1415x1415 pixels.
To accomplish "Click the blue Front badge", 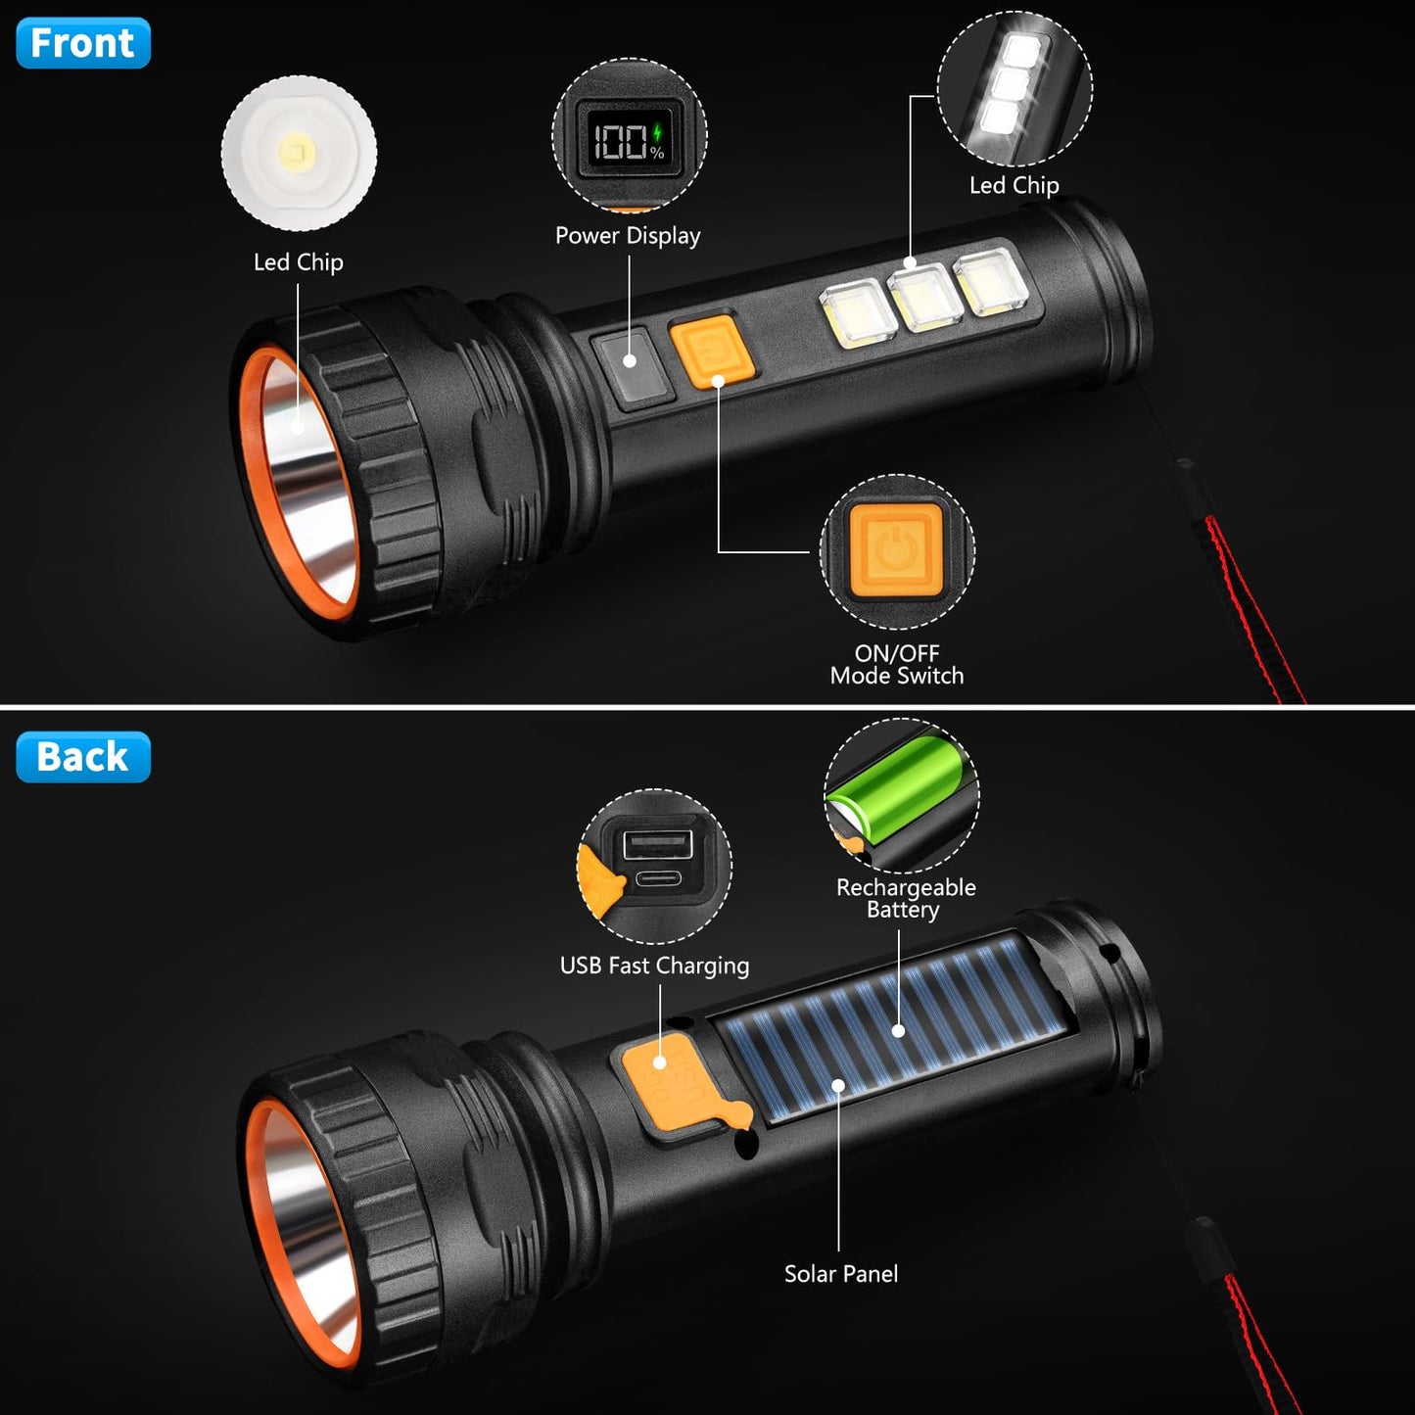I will pos(83,43).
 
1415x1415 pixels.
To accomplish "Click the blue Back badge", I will pos(83,757).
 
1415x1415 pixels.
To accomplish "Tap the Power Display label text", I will pos(628,236).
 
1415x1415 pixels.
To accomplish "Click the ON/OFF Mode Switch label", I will pos(897,665).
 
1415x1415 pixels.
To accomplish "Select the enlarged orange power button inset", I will pos(896,551).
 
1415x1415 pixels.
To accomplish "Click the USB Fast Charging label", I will pos(654,966).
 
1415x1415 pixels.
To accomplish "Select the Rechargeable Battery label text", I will pos(905,899).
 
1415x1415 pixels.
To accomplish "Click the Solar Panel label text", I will pos(840,1274).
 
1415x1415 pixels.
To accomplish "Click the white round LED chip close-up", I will pos(299,154).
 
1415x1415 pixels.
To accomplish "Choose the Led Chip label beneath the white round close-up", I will pos(298,262).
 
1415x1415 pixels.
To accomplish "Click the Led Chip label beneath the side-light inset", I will pos(1014,186).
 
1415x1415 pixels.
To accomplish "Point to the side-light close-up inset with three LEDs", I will pos(1014,88).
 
